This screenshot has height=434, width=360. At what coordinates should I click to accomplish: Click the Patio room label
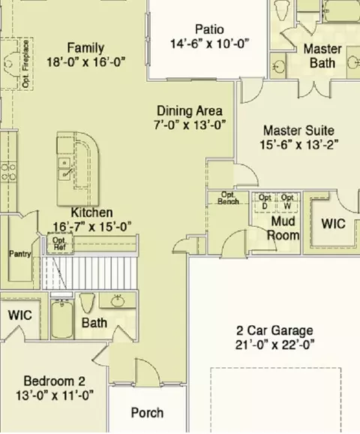click(x=209, y=29)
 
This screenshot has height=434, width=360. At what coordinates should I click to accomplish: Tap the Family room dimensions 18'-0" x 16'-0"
click(x=85, y=62)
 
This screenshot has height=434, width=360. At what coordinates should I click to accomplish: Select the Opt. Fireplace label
click(x=25, y=64)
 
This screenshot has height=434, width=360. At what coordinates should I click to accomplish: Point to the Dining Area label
click(x=190, y=111)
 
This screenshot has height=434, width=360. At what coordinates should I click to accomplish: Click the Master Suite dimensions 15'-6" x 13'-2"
click(x=298, y=144)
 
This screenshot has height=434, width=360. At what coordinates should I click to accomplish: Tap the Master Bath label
click(x=322, y=56)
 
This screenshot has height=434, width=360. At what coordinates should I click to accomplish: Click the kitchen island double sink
click(x=64, y=168)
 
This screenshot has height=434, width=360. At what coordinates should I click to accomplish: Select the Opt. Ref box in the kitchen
click(x=60, y=243)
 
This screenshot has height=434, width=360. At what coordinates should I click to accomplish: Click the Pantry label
click(x=20, y=254)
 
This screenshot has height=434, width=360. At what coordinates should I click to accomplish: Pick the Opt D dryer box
click(x=265, y=202)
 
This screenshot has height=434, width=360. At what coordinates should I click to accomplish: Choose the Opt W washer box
click(x=287, y=202)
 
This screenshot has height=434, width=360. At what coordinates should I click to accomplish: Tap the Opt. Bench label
click(x=228, y=198)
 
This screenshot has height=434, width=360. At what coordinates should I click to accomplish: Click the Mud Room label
click(x=283, y=228)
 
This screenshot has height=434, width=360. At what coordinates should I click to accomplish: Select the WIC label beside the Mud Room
click(x=333, y=224)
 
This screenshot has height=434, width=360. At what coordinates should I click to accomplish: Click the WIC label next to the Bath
click(x=20, y=315)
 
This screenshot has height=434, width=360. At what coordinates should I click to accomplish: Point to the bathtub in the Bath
click(x=62, y=319)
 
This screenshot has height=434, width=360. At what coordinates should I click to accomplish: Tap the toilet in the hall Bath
click(x=87, y=303)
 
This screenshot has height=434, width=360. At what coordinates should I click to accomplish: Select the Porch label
click(x=147, y=413)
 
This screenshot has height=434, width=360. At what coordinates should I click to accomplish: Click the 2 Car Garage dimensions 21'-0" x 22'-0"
click(x=274, y=345)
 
